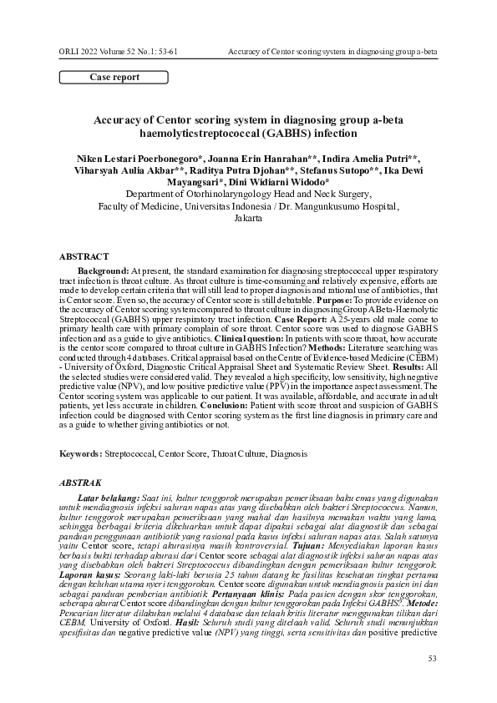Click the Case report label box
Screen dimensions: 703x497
tap(114, 78)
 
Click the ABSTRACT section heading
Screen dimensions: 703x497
tap(84, 255)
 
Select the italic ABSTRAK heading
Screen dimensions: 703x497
tap(82, 483)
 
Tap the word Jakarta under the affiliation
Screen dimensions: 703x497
tap(248, 217)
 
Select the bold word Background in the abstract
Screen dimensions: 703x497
tap(103, 272)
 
